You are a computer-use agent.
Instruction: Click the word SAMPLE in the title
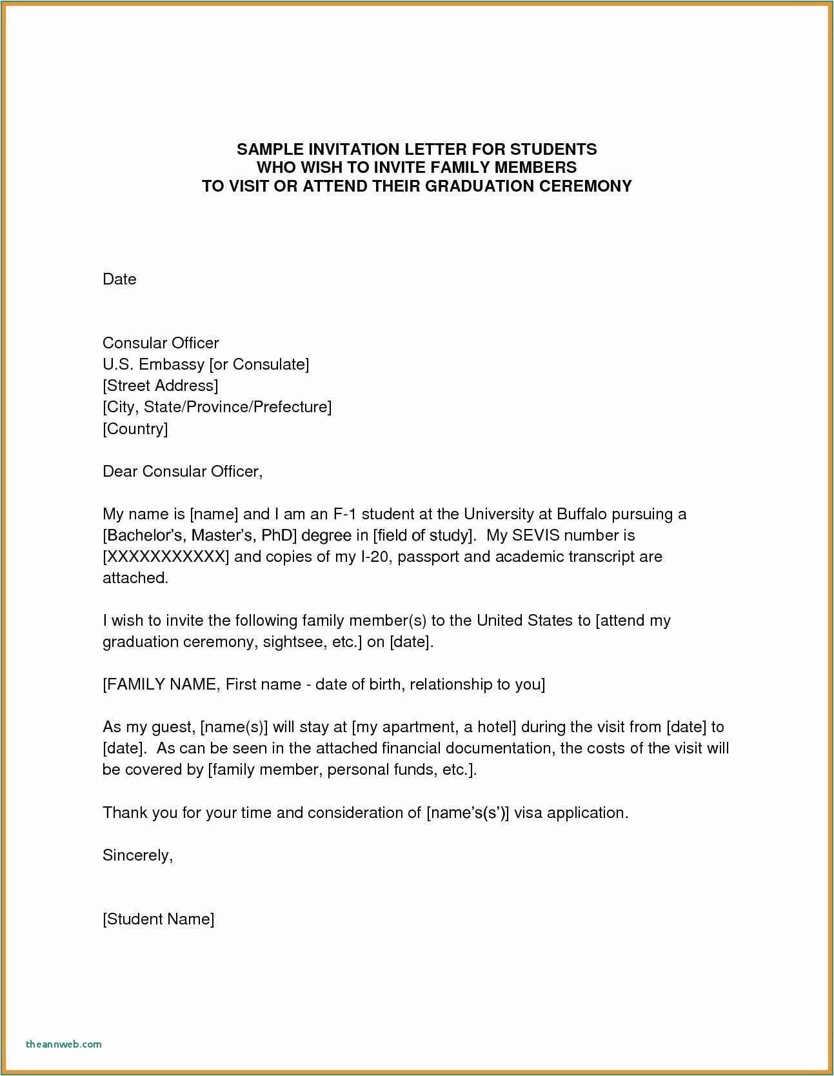pyautogui.click(x=266, y=149)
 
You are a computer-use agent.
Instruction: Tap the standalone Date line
pyautogui.click(x=119, y=279)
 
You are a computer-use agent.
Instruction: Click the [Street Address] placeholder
pyautogui.click(x=161, y=386)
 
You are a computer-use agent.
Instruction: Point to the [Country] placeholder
pyautogui.click(x=135, y=428)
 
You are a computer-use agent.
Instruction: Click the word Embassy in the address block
pyautogui.click(x=174, y=364)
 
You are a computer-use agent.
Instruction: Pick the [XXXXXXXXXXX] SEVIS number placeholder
pyautogui.click(x=166, y=557)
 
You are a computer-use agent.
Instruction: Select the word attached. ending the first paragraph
pyautogui.click(x=135, y=578)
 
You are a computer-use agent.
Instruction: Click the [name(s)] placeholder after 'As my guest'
pyautogui.click(x=234, y=727)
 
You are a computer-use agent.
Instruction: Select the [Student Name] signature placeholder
pyautogui.click(x=159, y=919)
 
